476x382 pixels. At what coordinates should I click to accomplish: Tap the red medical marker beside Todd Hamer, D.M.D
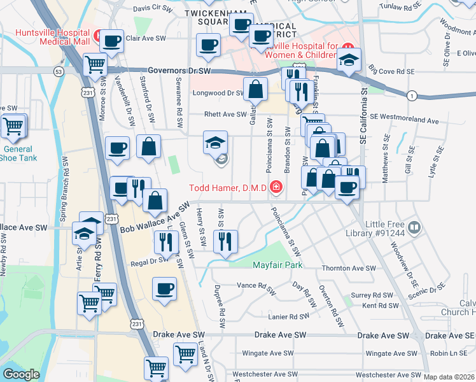pyautogui.click(x=276, y=187)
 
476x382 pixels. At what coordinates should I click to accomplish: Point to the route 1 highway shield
pyautogui.click(x=412, y=95)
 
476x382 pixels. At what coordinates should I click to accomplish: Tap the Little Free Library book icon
pyautogui.click(x=414, y=227)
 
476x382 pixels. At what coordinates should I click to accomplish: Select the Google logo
pyautogui.click(x=21, y=374)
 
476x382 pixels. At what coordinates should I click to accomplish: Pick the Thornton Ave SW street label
pyautogui.click(x=347, y=269)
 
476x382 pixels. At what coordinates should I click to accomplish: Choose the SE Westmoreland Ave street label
pyautogui.click(x=405, y=120)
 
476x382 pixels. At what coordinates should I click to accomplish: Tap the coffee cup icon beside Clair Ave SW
pyautogui.click(x=112, y=41)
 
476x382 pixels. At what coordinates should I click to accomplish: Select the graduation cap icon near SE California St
pyautogui.click(x=349, y=59)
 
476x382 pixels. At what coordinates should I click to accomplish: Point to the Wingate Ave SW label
pyautogui.click(x=267, y=353)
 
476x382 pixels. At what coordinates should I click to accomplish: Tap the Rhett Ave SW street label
pyautogui.click(x=225, y=115)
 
